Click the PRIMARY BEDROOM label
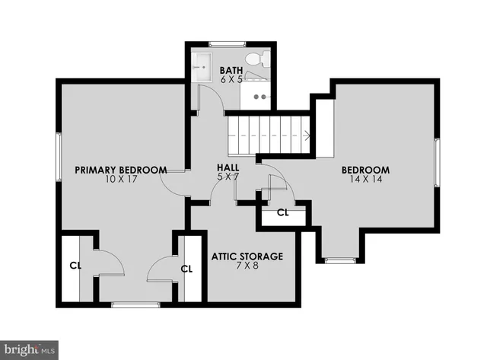click(x=121, y=170)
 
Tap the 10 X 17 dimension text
click(x=121, y=180)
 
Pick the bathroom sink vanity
click(x=259, y=95)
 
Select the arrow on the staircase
click(x=306, y=136)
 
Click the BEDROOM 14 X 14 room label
click(x=365, y=170)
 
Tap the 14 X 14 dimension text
click(x=365, y=180)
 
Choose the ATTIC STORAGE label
click(x=247, y=256)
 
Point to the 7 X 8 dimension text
click(x=247, y=267)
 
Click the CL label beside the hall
click(x=282, y=212)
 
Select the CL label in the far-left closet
click(x=75, y=266)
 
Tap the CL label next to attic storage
click(x=187, y=268)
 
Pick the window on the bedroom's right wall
click(x=438, y=162)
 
